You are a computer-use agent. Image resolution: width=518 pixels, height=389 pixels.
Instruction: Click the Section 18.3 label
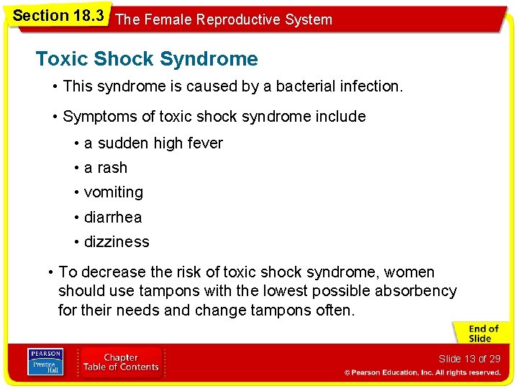pos(58,15)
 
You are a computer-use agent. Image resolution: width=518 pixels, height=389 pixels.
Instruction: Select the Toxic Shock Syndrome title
pos(147,59)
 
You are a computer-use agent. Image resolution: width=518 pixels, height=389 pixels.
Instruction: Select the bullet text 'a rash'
pos(106,168)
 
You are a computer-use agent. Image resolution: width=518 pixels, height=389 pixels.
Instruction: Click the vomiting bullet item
pos(114,192)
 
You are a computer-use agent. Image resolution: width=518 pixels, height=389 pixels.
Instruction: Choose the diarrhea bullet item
pos(113,218)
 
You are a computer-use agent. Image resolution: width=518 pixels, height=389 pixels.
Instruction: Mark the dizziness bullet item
pos(117,242)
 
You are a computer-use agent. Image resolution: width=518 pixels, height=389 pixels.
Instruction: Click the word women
pos(409,272)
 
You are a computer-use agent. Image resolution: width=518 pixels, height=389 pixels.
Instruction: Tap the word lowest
pos(258,291)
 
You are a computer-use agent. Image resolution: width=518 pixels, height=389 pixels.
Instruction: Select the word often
pos(335,310)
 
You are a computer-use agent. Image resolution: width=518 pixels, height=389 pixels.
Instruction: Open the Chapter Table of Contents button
pos(122,362)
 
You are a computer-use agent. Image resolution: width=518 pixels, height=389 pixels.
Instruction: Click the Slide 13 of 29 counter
pos(469,359)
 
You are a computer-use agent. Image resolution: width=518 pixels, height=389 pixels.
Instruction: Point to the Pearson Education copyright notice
pos(422,372)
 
